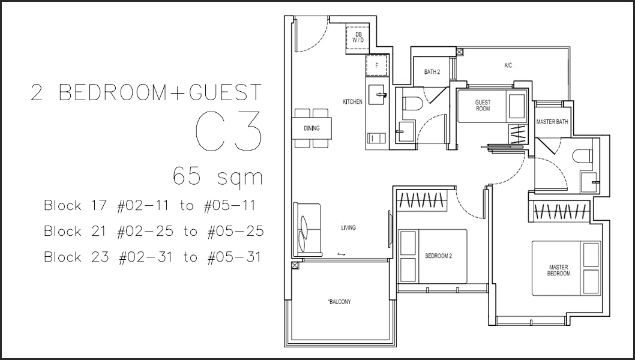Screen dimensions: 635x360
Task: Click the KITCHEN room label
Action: click(x=352, y=101)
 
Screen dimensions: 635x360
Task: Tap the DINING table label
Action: click(x=311, y=128)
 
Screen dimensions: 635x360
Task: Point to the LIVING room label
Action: click(x=348, y=227)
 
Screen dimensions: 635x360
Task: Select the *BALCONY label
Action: click(x=339, y=302)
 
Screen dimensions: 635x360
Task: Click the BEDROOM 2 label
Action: click(x=438, y=256)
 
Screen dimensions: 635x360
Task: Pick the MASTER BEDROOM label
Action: click(x=558, y=270)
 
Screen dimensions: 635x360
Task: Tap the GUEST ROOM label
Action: click(x=483, y=105)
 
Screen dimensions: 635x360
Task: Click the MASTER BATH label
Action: click(x=552, y=121)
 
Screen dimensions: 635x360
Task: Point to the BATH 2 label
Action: click(x=432, y=72)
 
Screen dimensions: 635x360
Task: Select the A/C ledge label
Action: click(x=508, y=65)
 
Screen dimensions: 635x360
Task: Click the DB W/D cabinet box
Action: click(x=358, y=38)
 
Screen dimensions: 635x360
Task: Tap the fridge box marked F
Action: click(x=377, y=65)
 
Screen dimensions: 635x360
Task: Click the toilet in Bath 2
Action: click(x=414, y=103)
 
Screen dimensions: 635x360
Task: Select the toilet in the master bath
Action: click(x=582, y=157)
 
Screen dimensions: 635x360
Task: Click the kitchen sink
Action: click(x=377, y=95)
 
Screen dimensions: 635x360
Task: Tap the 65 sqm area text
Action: click(x=218, y=176)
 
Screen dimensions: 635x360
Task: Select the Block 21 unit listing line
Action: click(x=154, y=231)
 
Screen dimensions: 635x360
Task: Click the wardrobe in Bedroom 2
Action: click(x=421, y=200)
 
